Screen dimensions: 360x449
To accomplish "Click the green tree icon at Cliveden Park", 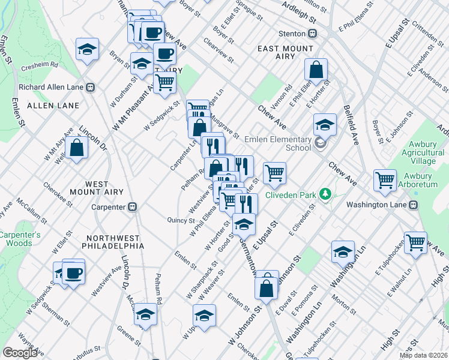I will (x=325, y=194).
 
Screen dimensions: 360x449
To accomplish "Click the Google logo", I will (x=20, y=352).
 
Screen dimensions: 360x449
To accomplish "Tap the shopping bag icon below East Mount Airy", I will (x=316, y=70).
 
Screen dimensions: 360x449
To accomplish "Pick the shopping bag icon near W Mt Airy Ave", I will (x=77, y=147).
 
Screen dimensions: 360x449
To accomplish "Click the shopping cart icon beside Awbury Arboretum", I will (x=385, y=179).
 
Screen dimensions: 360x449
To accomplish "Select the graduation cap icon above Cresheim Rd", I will (x=88, y=49).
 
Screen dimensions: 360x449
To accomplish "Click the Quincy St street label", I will (x=178, y=220).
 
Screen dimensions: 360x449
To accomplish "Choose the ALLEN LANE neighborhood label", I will (x=49, y=106).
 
